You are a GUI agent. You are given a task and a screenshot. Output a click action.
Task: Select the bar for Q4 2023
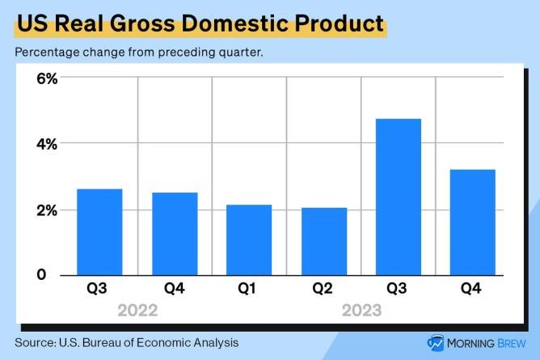pyautogui.click(x=472, y=222)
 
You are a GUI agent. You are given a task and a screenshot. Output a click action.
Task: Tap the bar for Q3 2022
pyautogui.click(x=99, y=231)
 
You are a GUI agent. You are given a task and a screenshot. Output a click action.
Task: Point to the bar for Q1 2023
pyautogui.click(x=248, y=239)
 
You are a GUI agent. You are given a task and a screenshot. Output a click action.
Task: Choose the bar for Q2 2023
pyautogui.click(x=323, y=241)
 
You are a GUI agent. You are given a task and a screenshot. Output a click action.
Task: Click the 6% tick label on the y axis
pyautogui.click(x=46, y=78)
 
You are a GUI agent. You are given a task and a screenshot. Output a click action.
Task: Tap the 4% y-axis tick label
pyautogui.click(x=46, y=144)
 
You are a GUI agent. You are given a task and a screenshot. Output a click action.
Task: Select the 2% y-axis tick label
pyautogui.click(x=46, y=210)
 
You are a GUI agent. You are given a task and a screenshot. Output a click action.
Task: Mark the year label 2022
pyautogui.click(x=137, y=310)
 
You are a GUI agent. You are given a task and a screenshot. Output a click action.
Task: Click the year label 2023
pyautogui.click(x=361, y=310)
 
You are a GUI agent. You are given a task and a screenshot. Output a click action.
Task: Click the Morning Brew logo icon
pyautogui.click(x=436, y=342)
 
